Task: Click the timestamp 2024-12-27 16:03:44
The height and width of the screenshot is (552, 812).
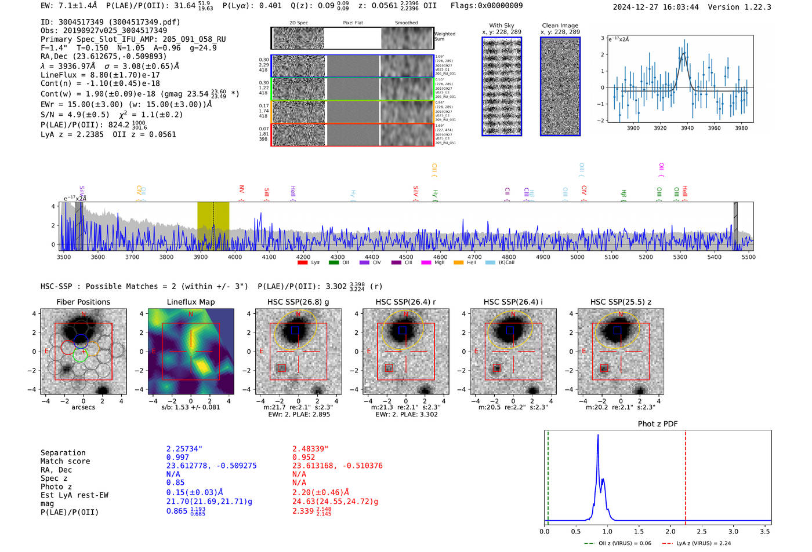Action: point(655,7)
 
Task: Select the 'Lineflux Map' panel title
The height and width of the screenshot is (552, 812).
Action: point(190,302)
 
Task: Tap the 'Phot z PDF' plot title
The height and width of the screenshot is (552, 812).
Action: point(657,424)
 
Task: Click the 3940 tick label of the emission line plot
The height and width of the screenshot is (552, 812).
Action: point(687,128)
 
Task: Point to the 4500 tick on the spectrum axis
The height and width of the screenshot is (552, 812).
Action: point(406,257)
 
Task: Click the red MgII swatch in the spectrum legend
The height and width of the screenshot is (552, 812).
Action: point(426,262)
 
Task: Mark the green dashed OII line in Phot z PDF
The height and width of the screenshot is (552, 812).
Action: point(548,475)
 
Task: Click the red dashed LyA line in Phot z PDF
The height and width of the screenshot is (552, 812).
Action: point(686,475)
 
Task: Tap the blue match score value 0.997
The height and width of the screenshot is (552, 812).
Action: point(177,457)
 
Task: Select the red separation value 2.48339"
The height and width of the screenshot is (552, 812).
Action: point(310,448)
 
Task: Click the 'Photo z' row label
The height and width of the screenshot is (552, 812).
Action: point(56,487)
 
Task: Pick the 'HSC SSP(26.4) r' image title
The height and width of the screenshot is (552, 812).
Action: point(405,302)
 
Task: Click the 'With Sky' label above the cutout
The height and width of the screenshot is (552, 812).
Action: point(501,25)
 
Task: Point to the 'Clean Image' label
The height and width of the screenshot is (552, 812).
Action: point(560,25)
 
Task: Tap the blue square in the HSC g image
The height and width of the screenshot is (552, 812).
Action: point(295,330)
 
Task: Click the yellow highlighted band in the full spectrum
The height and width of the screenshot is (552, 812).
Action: point(213,226)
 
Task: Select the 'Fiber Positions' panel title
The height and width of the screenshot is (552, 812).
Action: point(83,302)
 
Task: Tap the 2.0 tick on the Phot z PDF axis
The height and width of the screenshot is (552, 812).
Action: point(670,531)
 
